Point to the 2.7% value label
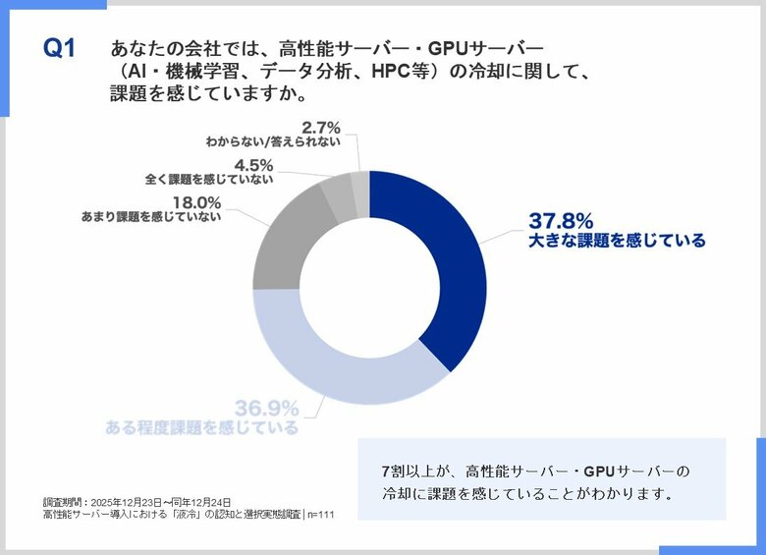pyautogui.click(x=320, y=127)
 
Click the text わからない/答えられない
pyautogui.click(x=273, y=141)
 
